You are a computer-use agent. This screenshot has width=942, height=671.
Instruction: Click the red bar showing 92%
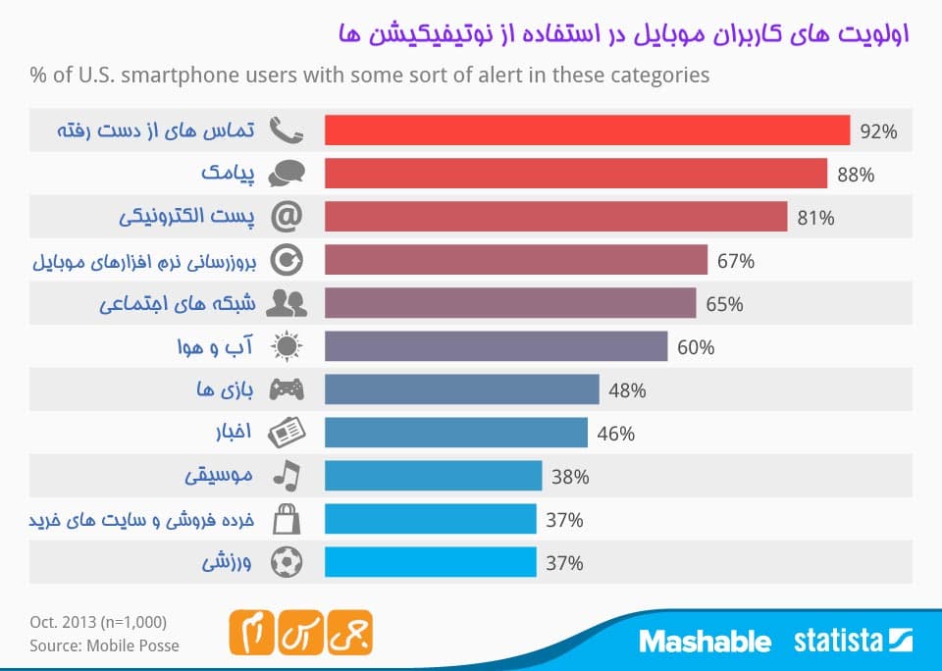click(587, 130)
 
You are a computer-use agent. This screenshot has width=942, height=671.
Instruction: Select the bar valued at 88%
click(575, 174)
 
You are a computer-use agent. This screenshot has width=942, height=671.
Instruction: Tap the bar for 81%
click(555, 217)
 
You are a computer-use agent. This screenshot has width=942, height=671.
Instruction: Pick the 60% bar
click(496, 346)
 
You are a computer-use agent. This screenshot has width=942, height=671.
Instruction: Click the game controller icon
click(287, 389)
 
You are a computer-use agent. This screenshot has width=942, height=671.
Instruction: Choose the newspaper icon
click(287, 433)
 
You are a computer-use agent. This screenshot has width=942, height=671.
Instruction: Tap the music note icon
click(287, 476)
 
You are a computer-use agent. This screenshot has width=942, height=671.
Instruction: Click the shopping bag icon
click(287, 519)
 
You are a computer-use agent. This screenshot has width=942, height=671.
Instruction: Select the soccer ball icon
click(287, 562)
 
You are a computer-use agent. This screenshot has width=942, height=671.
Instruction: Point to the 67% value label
click(735, 261)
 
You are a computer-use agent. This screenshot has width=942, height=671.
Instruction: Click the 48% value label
click(627, 390)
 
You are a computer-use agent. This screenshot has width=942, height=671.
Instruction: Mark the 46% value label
click(615, 434)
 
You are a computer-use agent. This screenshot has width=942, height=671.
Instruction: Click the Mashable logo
click(705, 642)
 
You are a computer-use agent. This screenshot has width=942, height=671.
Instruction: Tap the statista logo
click(853, 642)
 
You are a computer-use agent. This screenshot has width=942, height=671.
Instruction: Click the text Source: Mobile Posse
click(104, 645)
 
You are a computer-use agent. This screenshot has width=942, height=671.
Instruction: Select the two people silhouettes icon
click(287, 303)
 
